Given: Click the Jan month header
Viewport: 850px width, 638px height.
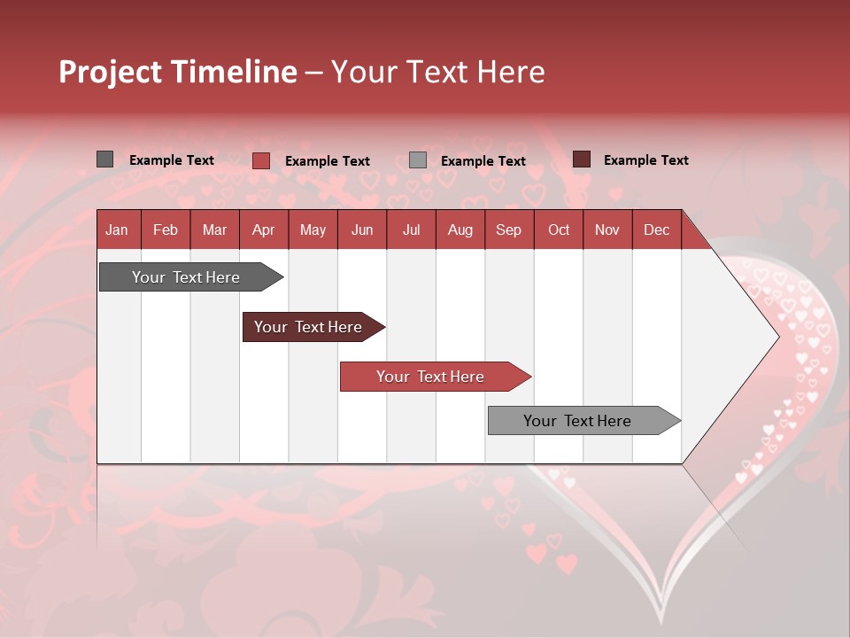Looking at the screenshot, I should click(x=117, y=230).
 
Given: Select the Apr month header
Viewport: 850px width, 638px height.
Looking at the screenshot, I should click(x=263, y=230).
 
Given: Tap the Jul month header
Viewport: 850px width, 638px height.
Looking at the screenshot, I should click(x=411, y=230).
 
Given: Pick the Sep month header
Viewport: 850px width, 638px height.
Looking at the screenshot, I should click(x=508, y=230).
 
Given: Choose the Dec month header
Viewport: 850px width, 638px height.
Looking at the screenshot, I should click(x=656, y=230).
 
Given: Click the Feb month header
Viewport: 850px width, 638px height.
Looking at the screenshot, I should click(x=166, y=230).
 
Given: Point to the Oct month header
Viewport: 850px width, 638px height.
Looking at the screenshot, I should click(x=559, y=230).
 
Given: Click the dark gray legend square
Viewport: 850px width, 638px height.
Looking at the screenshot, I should click(x=105, y=159).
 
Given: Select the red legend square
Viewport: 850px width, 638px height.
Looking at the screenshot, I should click(x=261, y=160).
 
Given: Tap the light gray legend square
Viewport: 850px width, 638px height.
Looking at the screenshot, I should click(x=418, y=160).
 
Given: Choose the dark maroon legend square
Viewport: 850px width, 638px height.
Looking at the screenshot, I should click(x=582, y=159).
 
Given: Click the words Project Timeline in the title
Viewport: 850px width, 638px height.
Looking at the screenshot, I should click(x=178, y=72).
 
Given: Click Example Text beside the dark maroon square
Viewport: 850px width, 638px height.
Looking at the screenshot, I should click(x=645, y=160).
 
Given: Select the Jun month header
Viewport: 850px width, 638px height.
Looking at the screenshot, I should click(x=362, y=230).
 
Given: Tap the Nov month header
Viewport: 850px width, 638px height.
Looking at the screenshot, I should click(x=607, y=230).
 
